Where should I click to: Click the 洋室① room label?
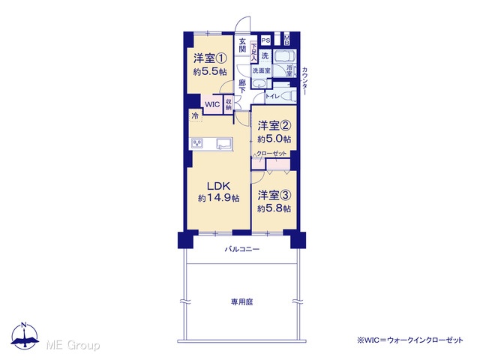click(x=210, y=58)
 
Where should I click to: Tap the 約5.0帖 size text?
click(x=274, y=139)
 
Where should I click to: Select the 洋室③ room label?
click(x=274, y=195)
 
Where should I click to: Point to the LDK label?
click(x=218, y=186)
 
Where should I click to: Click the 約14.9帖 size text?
click(x=218, y=198)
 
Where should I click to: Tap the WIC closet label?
click(x=212, y=104)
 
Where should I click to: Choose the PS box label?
click(x=265, y=40)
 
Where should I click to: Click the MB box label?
click(x=286, y=40)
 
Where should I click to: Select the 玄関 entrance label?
click(x=242, y=45)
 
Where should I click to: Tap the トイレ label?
click(x=272, y=96)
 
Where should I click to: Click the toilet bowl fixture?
click(x=289, y=97)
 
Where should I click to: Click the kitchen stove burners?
click(x=196, y=143)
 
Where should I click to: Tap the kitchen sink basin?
click(x=224, y=143)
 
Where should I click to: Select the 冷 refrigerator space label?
click(x=195, y=115)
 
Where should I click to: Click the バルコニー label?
click(x=242, y=249)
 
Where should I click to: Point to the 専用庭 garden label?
click(x=241, y=302)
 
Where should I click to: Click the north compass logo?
click(x=25, y=335)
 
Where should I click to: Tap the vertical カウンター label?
click(x=305, y=81)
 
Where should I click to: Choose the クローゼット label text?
click(x=271, y=153)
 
